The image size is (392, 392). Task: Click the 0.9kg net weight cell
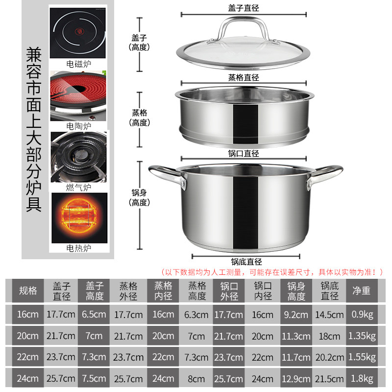(362, 314)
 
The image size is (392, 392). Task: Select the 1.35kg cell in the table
(362, 336)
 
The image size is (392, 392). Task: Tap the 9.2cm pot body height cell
(296, 314)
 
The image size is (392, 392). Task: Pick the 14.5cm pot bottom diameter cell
(329, 314)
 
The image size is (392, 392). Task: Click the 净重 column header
(362, 291)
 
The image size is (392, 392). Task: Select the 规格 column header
(28, 291)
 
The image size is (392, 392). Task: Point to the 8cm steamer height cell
(196, 379)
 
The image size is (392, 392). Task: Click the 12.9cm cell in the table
(296, 379)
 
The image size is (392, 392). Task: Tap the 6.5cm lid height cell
(94, 314)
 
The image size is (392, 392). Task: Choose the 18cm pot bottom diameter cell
(329, 336)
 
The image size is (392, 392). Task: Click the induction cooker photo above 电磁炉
(78, 33)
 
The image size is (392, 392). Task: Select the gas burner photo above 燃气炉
(79, 157)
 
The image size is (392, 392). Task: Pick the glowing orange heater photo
(79, 218)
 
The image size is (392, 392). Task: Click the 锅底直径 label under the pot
(246, 262)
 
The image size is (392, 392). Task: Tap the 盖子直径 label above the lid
(244, 8)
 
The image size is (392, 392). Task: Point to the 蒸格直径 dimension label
(244, 77)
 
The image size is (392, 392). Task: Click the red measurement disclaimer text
(272, 272)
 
